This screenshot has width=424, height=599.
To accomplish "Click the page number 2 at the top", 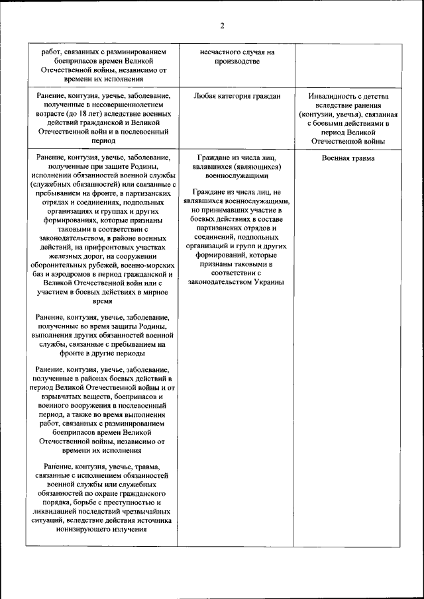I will click(x=222, y=26).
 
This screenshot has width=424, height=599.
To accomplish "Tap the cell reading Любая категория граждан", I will click(x=237, y=96).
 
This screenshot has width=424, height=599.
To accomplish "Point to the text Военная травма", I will click(x=348, y=159).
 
